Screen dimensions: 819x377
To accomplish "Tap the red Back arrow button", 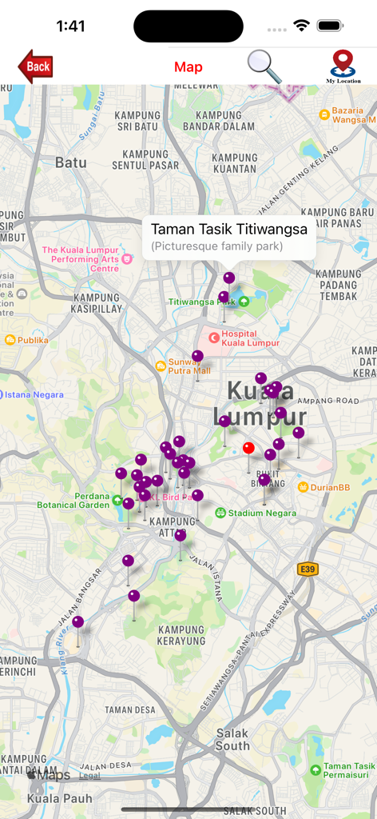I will tap(36, 66).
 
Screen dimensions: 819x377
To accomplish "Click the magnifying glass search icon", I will tap(264, 66).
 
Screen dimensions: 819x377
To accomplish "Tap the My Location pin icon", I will tap(343, 66).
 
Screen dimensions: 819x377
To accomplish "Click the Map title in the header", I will tap(188, 67).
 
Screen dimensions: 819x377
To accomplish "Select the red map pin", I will tap(248, 448).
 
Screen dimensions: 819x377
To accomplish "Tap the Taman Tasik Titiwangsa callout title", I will tap(229, 229).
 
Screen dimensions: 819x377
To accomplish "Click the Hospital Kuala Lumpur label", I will tap(250, 338).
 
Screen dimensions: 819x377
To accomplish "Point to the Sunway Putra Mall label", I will tap(189, 366).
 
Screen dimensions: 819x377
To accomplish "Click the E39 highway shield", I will tap(308, 569).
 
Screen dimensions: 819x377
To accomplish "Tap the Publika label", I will tap(33, 340).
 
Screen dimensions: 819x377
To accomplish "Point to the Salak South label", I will tap(232, 739).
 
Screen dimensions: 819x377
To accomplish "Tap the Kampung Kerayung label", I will tap(181, 635).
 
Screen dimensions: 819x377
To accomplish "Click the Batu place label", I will tap(70, 162).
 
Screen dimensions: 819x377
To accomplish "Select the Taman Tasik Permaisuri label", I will tap(346, 770).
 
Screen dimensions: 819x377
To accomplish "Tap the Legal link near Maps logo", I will tap(89, 775).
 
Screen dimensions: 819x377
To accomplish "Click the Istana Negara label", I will tap(34, 394).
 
